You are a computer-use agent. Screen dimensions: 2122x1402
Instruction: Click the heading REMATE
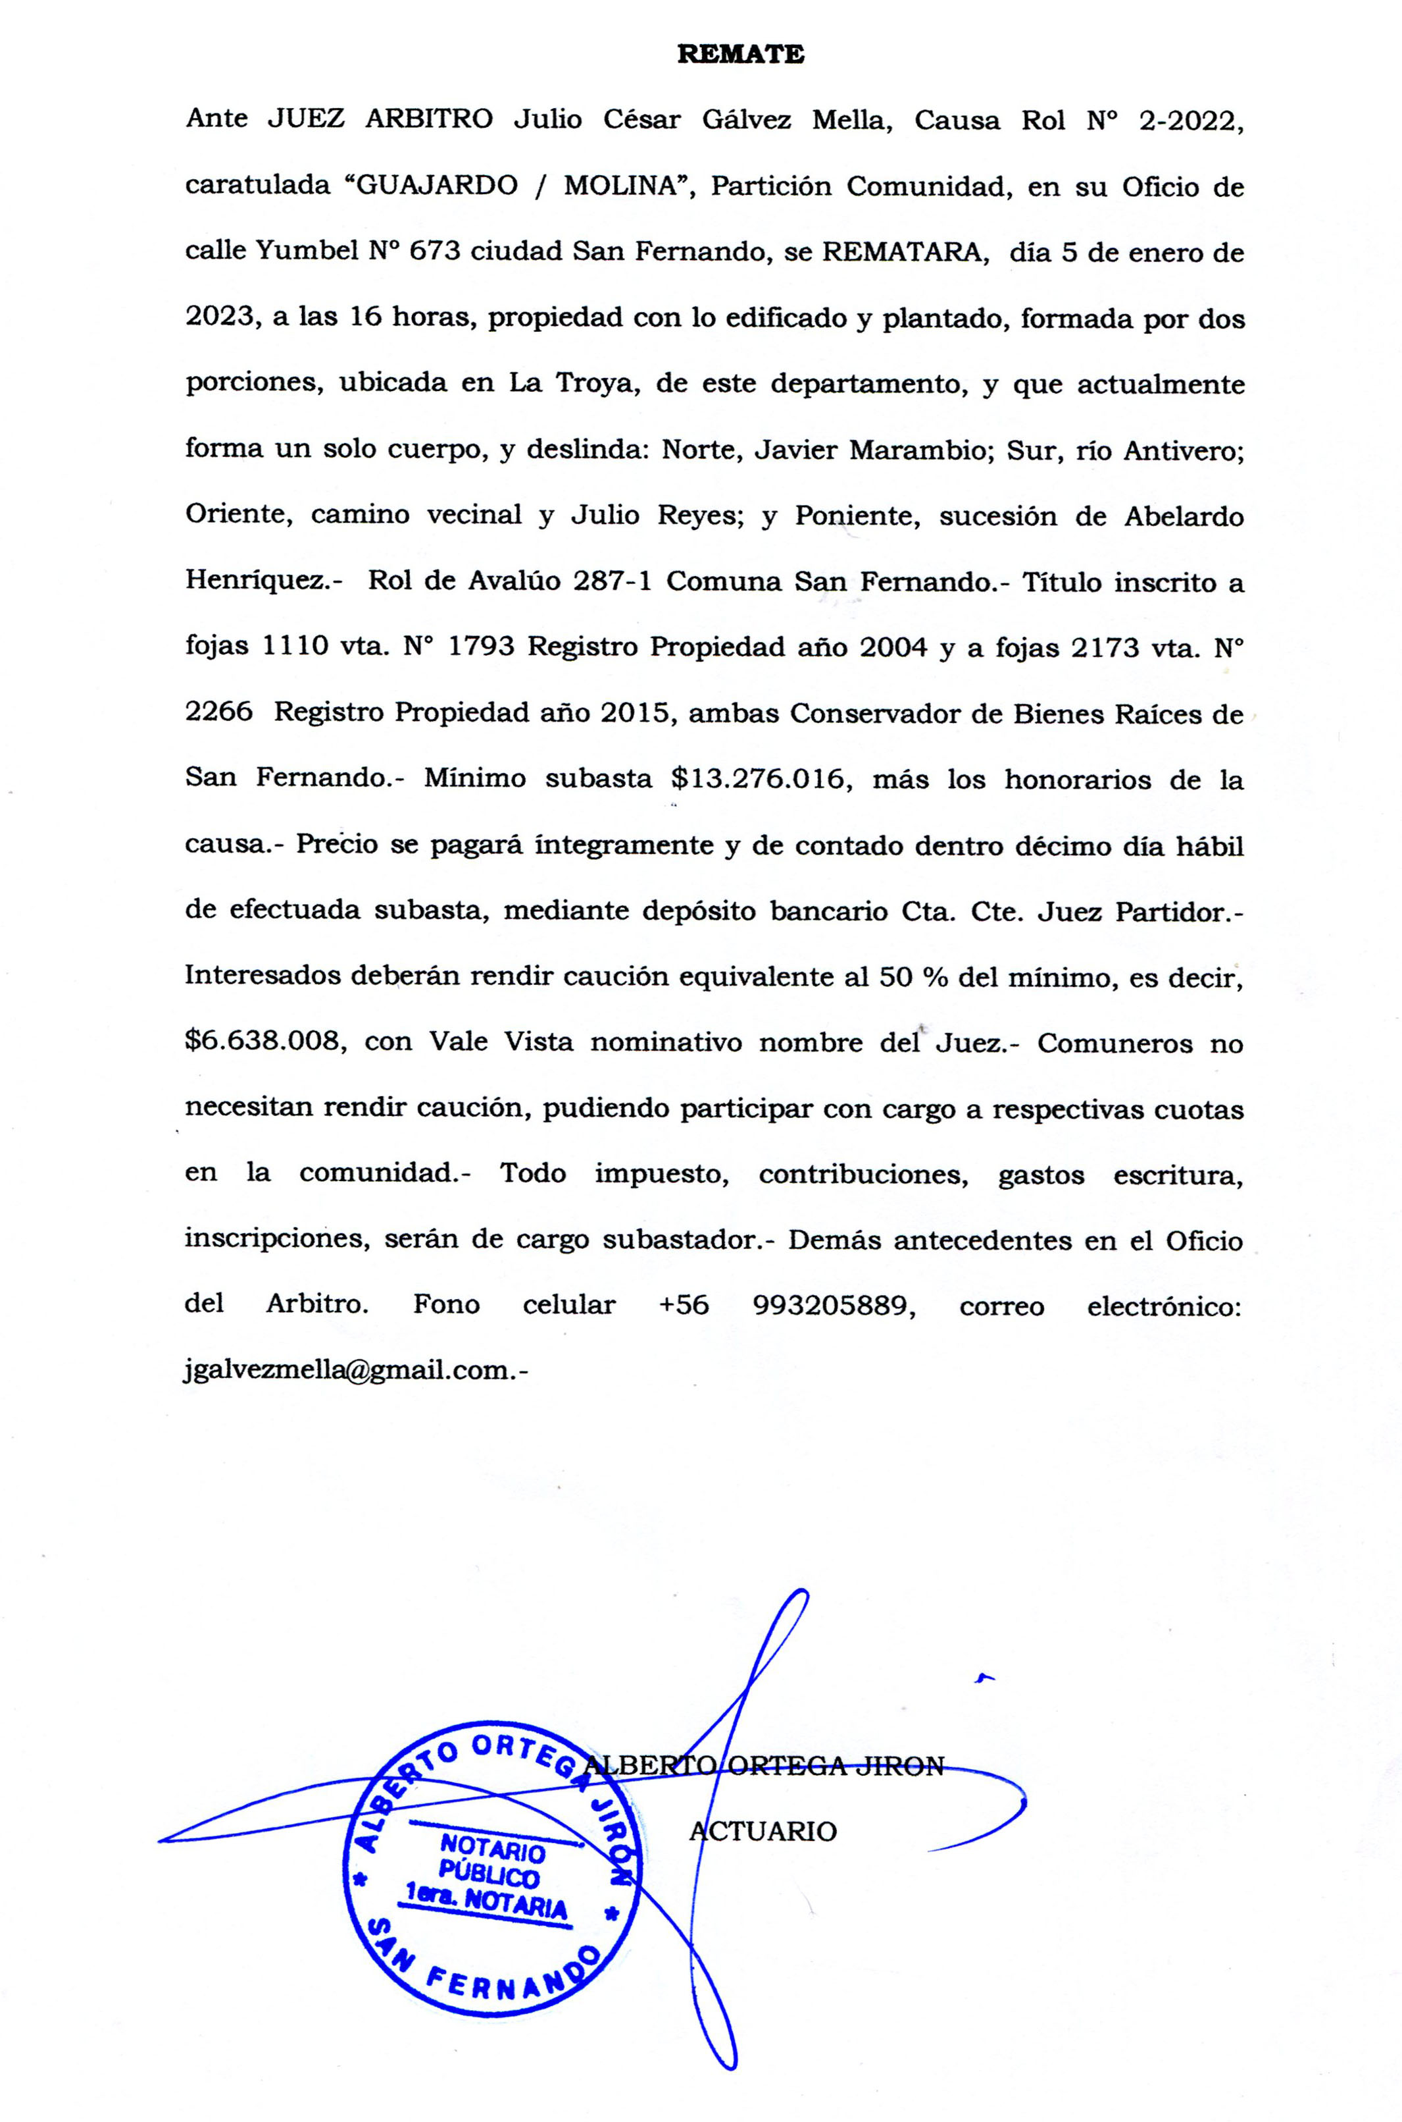(x=740, y=55)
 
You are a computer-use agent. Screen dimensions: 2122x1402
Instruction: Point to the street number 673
(x=435, y=252)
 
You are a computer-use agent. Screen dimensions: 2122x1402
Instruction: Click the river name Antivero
(x=1183, y=450)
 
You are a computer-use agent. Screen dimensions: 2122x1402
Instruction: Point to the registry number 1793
(x=481, y=647)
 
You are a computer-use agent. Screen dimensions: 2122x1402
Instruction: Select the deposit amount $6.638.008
(x=266, y=1042)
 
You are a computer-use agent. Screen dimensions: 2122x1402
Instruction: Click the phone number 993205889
(x=834, y=1305)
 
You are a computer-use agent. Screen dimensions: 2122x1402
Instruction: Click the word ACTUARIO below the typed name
(x=763, y=1831)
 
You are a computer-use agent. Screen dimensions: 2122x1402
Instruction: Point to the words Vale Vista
(x=501, y=1042)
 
